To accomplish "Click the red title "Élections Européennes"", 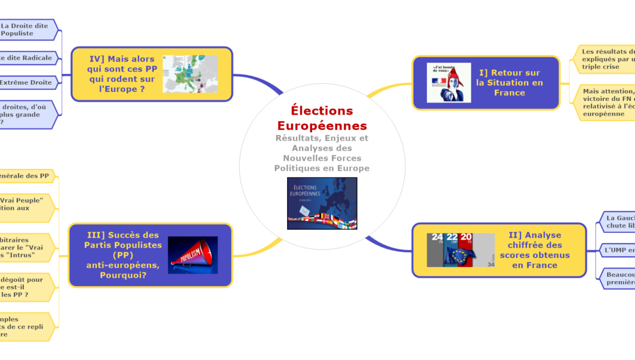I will pyautogui.click(x=322, y=118).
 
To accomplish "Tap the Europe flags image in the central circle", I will pyautogui.click(x=322, y=203).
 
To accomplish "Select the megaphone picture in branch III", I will pyautogui.click(x=193, y=255).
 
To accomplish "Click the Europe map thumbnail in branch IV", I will pyautogui.click(x=190, y=74).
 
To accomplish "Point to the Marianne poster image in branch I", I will pyautogui.click(x=448, y=83).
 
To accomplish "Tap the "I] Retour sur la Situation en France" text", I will pyautogui.click(x=509, y=83).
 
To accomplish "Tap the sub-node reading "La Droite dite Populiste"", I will pyautogui.click(x=27, y=29).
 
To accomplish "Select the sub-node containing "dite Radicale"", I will pyautogui.click(x=27, y=58).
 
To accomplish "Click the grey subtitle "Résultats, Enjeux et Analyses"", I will pyautogui.click(x=322, y=153).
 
